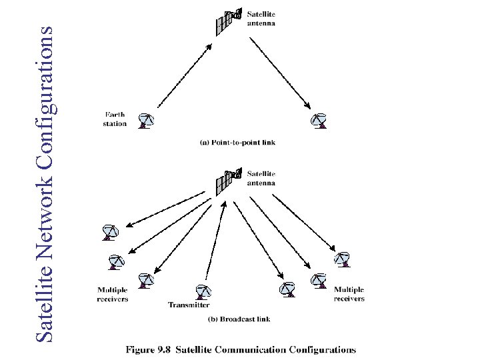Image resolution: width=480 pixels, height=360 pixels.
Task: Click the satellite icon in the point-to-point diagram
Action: click(228, 21)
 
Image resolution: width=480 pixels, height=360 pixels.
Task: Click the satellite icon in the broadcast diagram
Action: click(228, 181)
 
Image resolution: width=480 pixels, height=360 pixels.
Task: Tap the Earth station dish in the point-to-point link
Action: click(146, 121)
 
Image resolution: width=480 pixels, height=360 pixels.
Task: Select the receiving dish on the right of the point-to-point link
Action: click(319, 121)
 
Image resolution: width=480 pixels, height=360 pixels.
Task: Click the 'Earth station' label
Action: click(115, 119)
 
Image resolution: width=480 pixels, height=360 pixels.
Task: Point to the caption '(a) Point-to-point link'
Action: click(237, 142)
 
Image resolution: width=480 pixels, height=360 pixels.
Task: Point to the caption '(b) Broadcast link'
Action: click(239, 319)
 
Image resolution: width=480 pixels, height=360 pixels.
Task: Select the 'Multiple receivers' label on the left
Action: click(113, 295)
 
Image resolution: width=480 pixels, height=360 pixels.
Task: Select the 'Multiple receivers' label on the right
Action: click(349, 294)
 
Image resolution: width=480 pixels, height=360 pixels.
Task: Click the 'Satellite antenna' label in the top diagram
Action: click(261, 18)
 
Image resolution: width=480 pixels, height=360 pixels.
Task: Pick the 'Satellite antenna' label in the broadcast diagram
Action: click(261, 179)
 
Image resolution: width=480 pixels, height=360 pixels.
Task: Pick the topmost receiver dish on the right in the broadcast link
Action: click(342, 259)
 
